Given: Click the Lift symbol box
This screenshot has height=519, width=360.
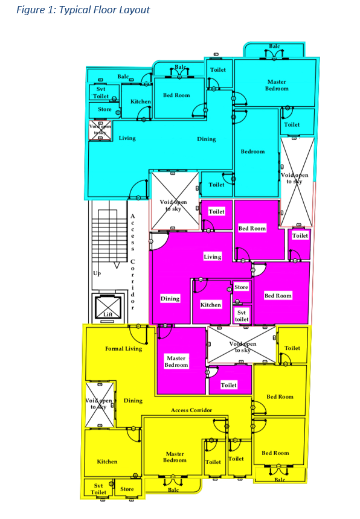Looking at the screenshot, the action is coord(108,308).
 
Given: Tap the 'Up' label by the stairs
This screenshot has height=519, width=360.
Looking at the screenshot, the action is coord(97,273).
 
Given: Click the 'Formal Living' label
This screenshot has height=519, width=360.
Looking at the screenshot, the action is coord(124,349).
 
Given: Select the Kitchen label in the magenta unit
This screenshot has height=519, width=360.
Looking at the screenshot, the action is coord(211,305).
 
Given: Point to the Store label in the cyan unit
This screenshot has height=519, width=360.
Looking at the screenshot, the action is coord(104,109).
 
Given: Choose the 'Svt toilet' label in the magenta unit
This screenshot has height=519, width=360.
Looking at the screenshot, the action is coord(242,316).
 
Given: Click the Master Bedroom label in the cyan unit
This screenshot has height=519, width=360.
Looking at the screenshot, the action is coord(277,85).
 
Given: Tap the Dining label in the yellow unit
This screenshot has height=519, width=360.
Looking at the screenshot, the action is coord(133,401).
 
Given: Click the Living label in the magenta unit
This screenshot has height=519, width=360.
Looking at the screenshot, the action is coord(213,256).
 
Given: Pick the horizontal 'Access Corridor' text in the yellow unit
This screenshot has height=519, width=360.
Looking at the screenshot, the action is coord(191,410).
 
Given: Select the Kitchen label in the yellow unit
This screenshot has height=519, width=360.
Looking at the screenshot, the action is coord(107,462).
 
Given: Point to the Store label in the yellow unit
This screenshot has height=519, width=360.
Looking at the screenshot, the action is coord(127,489).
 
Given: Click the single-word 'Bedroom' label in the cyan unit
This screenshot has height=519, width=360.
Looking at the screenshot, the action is coord(252,151).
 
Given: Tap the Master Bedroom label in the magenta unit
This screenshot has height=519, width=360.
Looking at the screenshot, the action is coord(176,361).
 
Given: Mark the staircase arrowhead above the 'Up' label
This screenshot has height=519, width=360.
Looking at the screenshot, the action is coord(117,266).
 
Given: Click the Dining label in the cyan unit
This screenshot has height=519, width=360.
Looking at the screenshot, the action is coord(207,139).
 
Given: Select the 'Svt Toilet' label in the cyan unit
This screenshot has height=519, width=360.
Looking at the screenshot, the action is coord(101,93).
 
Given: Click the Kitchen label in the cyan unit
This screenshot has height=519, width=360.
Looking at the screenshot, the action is coord(140,101).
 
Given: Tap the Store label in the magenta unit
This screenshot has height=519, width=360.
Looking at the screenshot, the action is coord(241,287).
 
